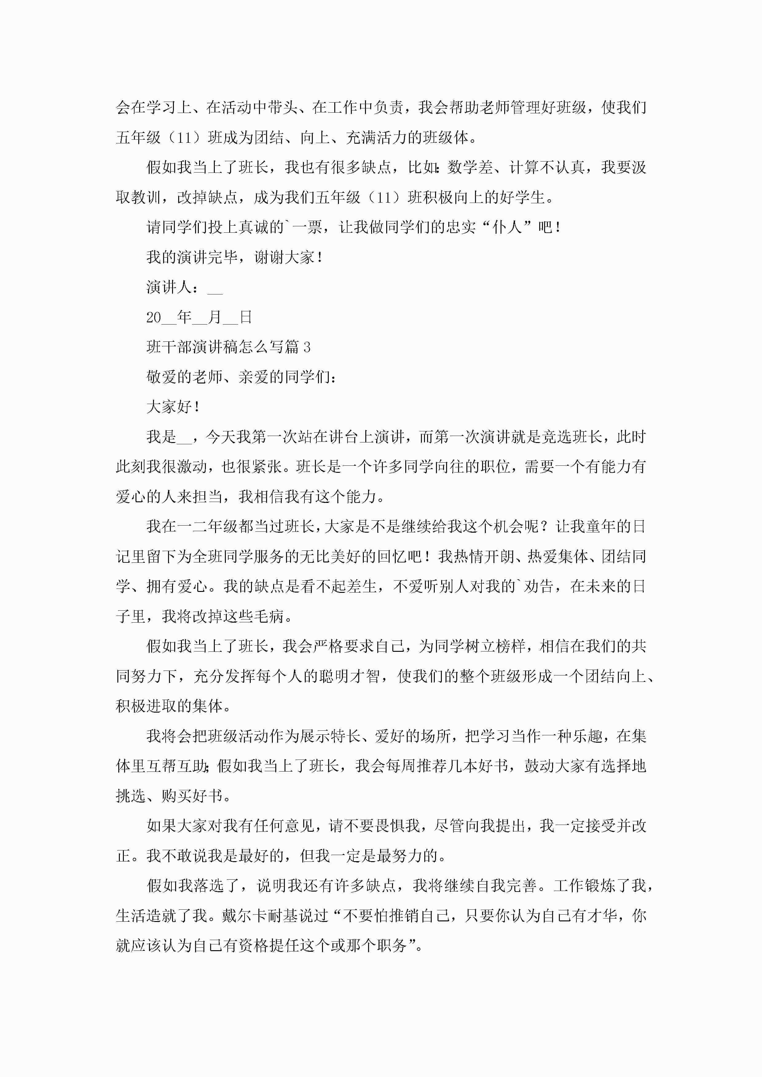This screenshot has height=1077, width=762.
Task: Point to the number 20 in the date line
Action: tap(154, 317)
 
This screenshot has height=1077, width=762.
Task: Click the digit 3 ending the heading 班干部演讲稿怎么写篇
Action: tap(307, 347)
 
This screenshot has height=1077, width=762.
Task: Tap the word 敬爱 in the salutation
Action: tap(162, 377)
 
